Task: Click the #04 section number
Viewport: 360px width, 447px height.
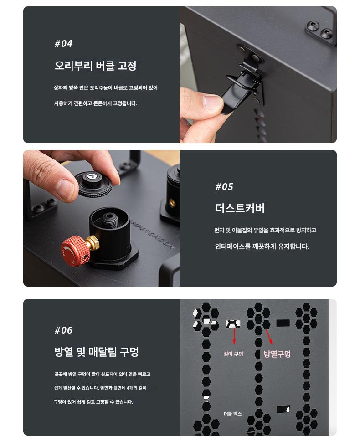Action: (63, 44)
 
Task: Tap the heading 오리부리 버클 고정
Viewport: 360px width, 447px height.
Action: (96, 66)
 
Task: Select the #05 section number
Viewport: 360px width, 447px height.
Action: (224, 187)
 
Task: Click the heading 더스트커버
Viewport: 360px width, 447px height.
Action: (240, 208)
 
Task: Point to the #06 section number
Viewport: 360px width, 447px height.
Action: (63, 330)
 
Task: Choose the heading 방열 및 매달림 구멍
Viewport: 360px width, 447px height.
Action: (96, 351)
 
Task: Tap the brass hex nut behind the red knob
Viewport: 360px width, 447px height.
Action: (93, 242)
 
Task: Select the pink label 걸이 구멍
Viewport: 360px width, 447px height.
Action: (233, 354)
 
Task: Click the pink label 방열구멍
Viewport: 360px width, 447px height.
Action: (277, 354)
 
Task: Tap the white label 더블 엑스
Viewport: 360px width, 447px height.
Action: (232, 414)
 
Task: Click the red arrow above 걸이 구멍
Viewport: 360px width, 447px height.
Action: (234, 336)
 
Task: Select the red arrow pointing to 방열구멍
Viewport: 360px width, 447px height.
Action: (269, 337)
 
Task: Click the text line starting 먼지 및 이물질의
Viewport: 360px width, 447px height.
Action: (265, 230)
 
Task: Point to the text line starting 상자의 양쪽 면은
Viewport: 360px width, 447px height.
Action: (106, 88)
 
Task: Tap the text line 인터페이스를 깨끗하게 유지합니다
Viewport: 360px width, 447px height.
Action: (262, 246)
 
